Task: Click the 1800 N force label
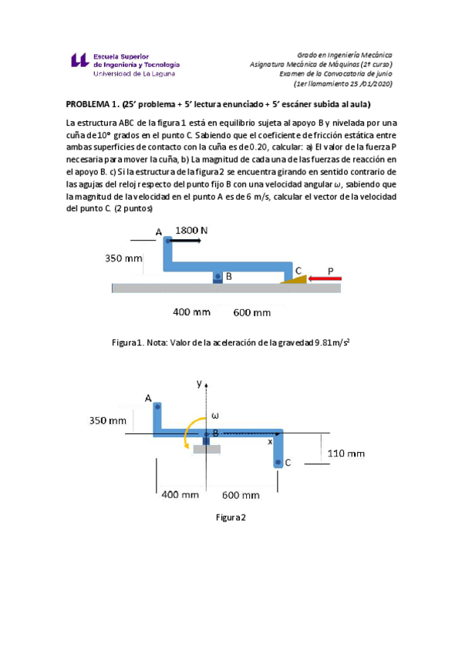(x=191, y=230)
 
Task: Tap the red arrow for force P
(x=327, y=278)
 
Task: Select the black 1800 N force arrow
(x=185, y=241)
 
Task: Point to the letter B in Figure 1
(x=229, y=275)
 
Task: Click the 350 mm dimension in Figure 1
(x=124, y=259)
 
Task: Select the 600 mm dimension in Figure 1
(x=252, y=312)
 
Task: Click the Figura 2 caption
(x=231, y=517)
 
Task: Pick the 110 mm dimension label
(x=346, y=453)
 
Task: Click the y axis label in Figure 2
(x=199, y=383)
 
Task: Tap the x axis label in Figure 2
(x=270, y=443)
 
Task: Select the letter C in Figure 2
(x=288, y=463)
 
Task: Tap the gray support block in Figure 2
(x=207, y=449)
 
